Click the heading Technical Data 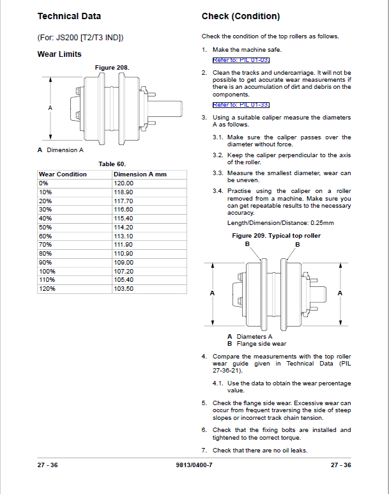(69, 16)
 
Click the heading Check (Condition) (241, 16)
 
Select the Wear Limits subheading (59, 54)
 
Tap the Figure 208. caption (112, 67)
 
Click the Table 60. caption (112, 164)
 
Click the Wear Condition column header (63, 174)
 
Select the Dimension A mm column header (139, 174)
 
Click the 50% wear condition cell (45, 227)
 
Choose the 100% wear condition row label (47, 271)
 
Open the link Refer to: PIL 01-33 (241, 105)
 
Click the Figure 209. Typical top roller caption (276, 236)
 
